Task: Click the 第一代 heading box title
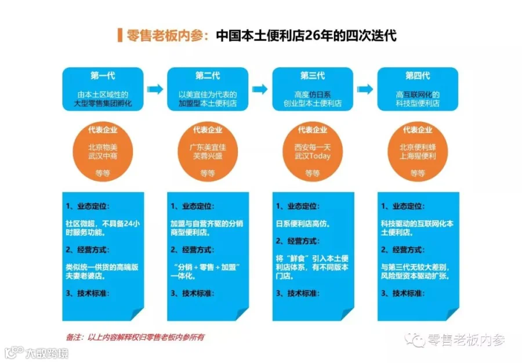(103, 76)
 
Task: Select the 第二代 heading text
(208, 76)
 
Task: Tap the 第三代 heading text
(313, 76)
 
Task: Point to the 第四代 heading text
(418, 76)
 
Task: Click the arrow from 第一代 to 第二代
(155, 89)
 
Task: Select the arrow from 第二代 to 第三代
(260, 89)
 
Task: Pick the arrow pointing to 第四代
(365, 89)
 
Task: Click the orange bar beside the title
(120, 35)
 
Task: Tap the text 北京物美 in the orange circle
(103, 147)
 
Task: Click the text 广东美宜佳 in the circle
(208, 147)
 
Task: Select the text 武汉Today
(313, 156)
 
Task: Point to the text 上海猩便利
(418, 156)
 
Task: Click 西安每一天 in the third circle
(313, 147)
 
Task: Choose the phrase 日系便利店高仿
(302, 224)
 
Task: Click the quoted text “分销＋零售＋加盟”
(207, 267)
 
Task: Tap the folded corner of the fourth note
(452, 314)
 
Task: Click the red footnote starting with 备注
(135, 337)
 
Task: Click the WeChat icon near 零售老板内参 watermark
(415, 339)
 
